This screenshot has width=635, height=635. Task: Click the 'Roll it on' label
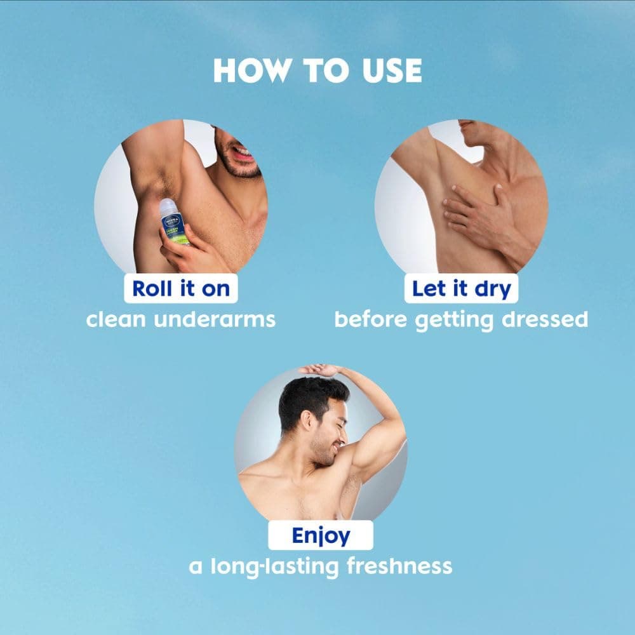(x=180, y=288)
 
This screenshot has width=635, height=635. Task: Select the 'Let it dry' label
(x=461, y=288)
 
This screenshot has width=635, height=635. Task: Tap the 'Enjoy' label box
(x=321, y=535)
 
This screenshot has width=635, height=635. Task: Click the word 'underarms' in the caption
(x=215, y=319)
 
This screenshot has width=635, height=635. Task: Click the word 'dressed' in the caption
(x=545, y=319)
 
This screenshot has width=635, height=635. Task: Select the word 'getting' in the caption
(x=455, y=321)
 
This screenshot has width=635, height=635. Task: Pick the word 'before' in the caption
(x=371, y=319)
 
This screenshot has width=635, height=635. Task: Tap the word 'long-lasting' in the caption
(x=274, y=567)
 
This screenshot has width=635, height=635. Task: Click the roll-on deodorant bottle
(x=174, y=222)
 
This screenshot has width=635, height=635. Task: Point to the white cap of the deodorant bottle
(x=168, y=206)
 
